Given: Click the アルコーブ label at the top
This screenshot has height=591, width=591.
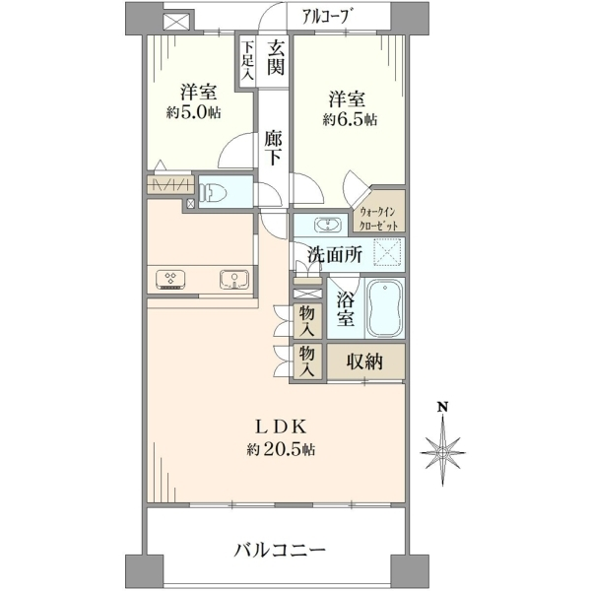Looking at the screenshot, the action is click(x=329, y=16).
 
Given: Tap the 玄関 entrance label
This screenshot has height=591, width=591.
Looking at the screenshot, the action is click(x=276, y=58).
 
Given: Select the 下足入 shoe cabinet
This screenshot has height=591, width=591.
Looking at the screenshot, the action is click(x=247, y=61).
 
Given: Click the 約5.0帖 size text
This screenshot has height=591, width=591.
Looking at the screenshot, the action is click(x=193, y=113).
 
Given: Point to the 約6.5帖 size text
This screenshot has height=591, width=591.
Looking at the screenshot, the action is click(x=350, y=120).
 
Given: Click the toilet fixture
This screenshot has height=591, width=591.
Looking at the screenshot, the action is click(x=214, y=192).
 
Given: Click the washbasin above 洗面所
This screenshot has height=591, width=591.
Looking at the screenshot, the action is click(x=328, y=226).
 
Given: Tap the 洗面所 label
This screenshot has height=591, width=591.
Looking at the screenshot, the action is click(x=335, y=255).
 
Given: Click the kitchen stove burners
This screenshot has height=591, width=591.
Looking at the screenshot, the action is click(x=170, y=280).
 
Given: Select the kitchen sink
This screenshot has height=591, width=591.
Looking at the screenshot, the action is click(x=234, y=280).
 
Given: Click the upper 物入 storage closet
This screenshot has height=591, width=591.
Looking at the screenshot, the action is click(x=308, y=321).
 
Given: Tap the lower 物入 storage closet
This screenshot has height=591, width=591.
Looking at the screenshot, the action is click(x=308, y=361).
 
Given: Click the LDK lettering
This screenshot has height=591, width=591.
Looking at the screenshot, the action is click(x=281, y=427).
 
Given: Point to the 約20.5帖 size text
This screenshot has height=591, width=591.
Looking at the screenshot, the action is click(x=281, y=450).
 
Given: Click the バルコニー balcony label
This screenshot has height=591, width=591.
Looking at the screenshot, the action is click(x=280, y=551).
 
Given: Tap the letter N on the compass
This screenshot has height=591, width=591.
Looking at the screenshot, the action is click(x=442, y=407).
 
